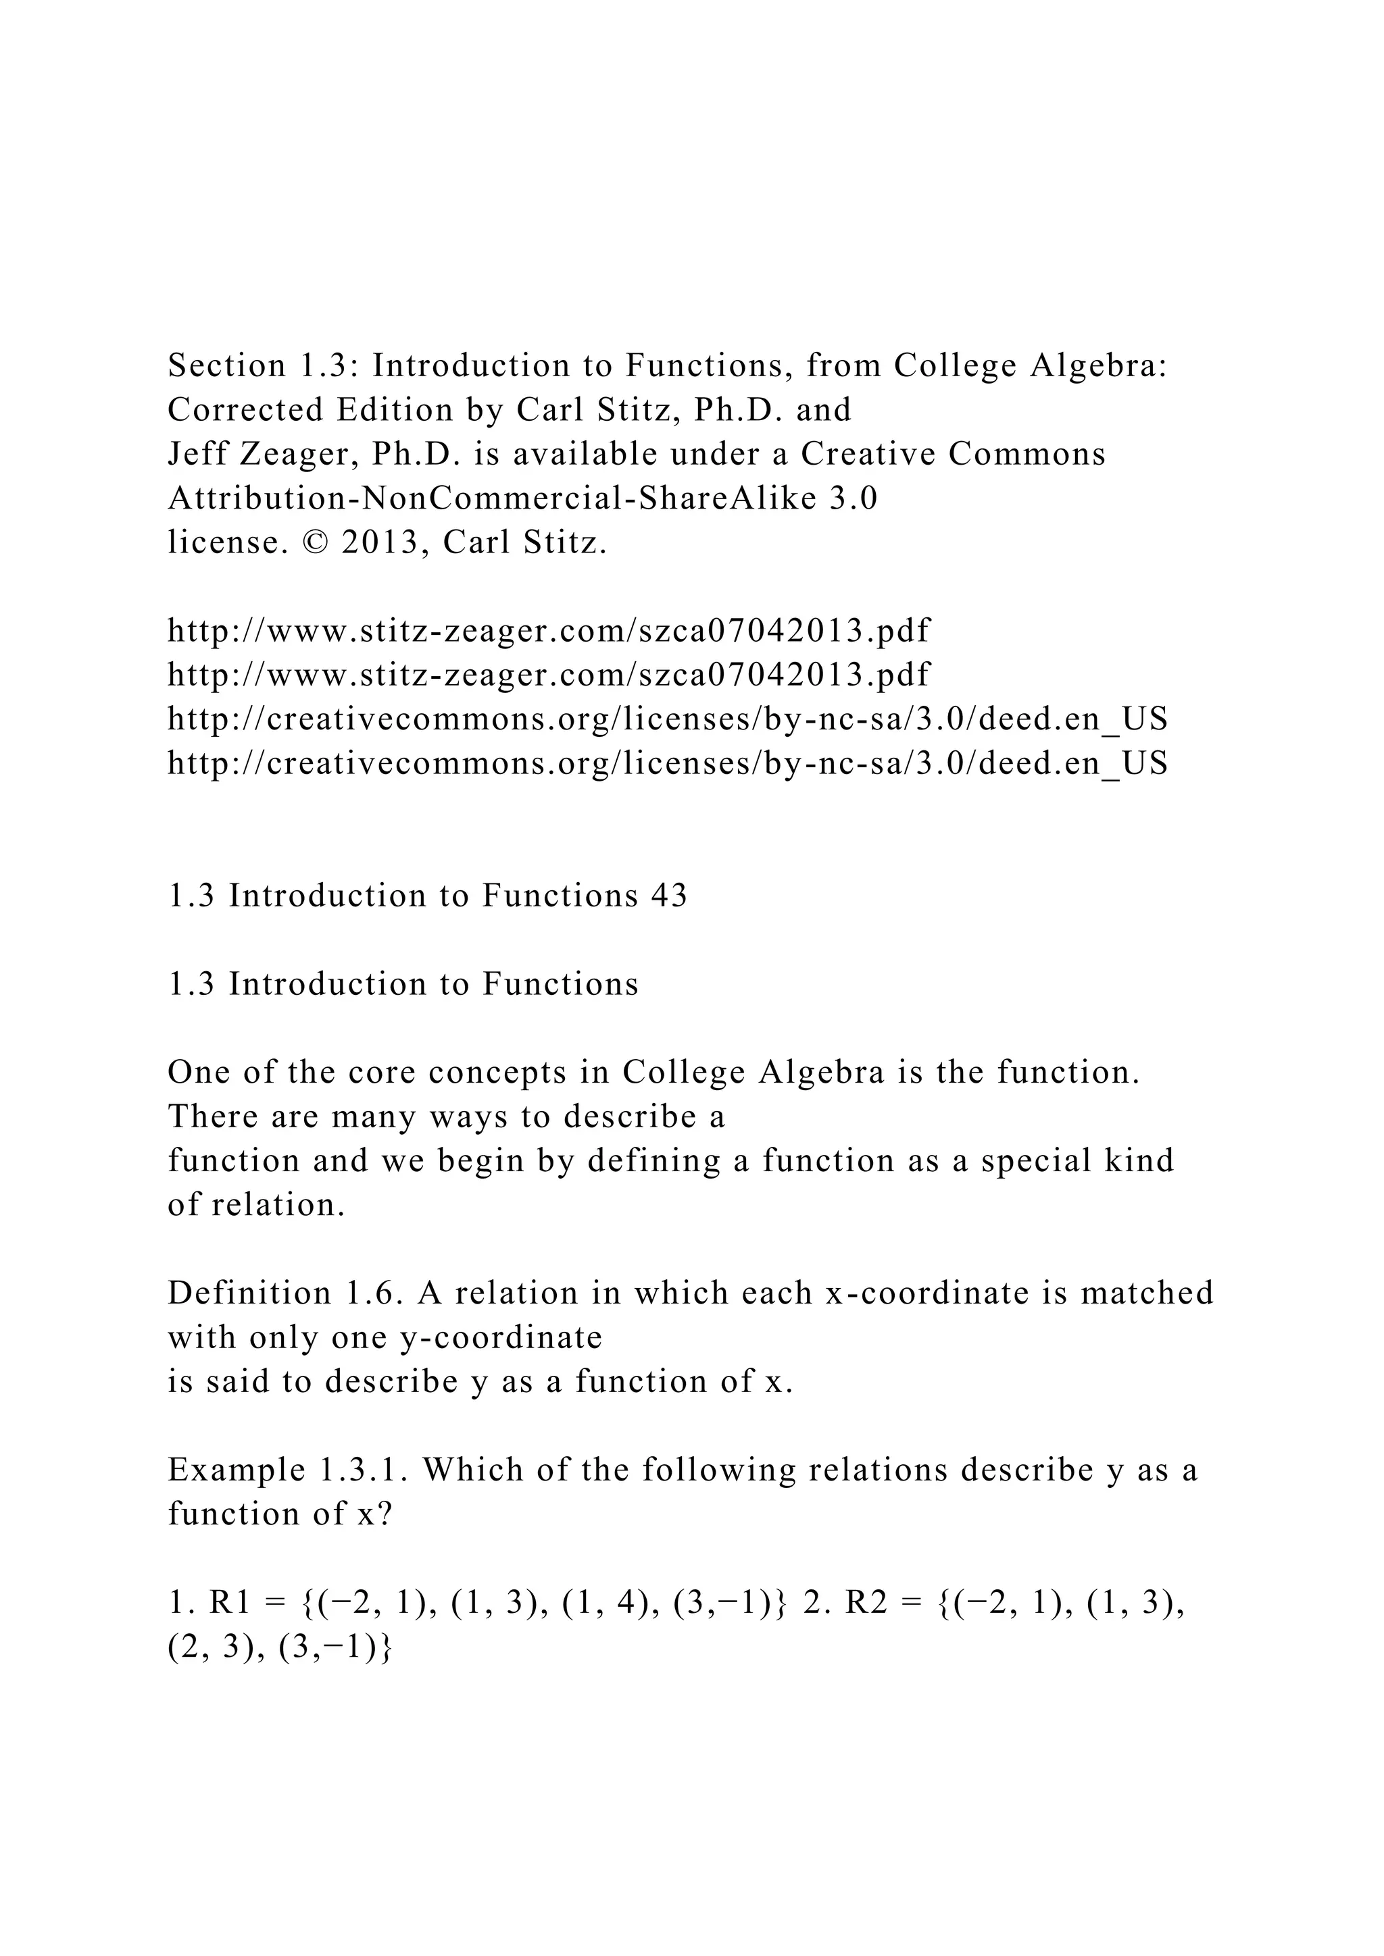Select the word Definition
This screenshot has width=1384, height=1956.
(x=249, y=1293)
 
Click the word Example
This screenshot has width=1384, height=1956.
(x=236, y=1470)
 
